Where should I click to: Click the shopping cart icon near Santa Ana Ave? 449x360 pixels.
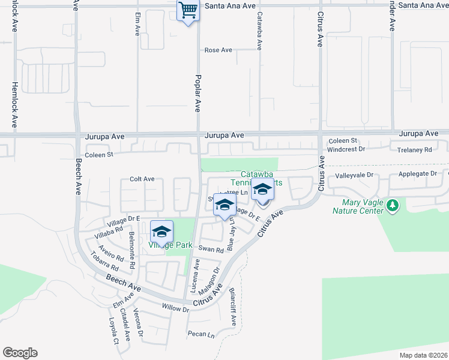(x=188, y=10)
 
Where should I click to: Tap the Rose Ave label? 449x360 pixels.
(x=218, y=50)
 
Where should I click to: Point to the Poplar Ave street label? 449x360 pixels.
(x=197, y=94)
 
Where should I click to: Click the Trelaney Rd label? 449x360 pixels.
(x=411, y=149)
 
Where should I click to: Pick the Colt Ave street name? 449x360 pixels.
(x=142, y=179)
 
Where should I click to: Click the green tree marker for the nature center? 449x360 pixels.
(x=393, y=206)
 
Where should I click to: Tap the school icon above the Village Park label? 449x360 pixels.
(x=161, y=231)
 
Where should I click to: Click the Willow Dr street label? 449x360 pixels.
(x=175, y=308)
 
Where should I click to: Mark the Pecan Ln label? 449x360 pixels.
(x=201, y=335)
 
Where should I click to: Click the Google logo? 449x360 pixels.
(x=20, y=353)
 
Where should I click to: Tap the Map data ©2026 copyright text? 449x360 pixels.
(x=423, y=355)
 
